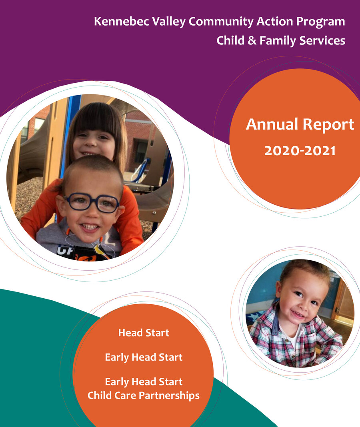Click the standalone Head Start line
[144, 333]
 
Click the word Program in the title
[322, 22]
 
